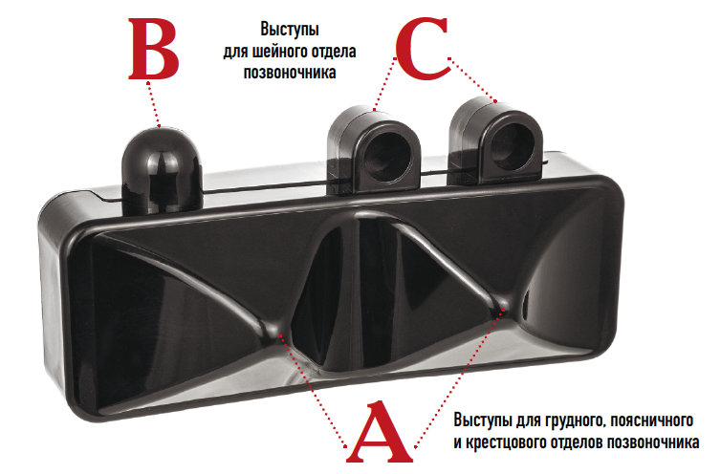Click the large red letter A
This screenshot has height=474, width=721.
point(382,435)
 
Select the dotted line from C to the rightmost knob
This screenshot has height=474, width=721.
point(473,80)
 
